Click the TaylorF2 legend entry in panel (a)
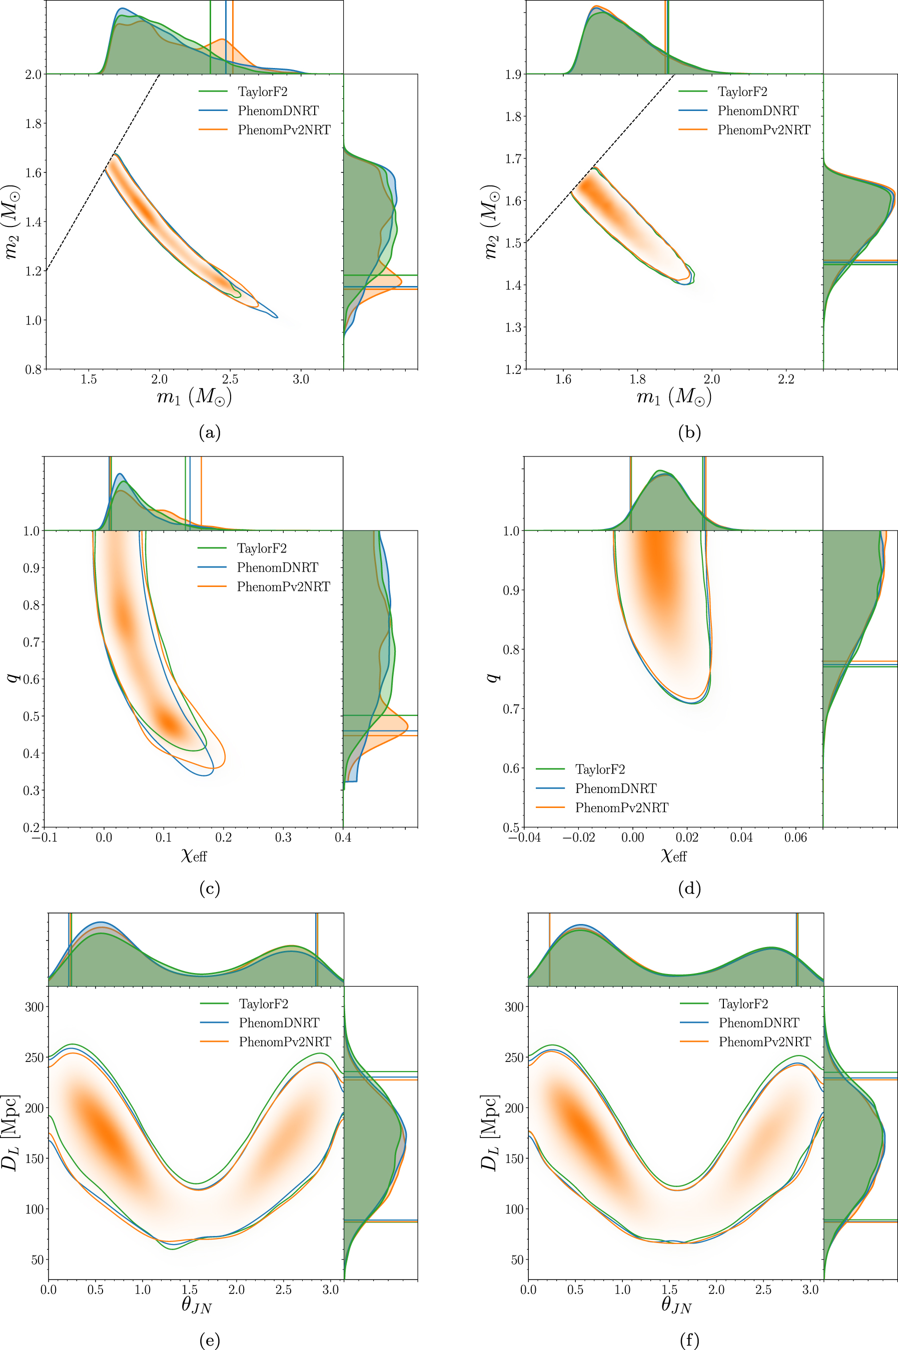(262, 91)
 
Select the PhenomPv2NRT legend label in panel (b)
(763, 130)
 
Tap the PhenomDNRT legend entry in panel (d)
(616, 788)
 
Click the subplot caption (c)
(210, 888)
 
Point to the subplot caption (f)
(689, 1339)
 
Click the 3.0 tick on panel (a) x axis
(301, 379)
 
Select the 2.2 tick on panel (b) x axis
(786, 379)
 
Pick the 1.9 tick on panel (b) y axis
(513, 74)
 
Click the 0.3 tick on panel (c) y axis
(32, 790)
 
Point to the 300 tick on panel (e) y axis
(35, 1006)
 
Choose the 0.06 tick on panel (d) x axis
(795, 837)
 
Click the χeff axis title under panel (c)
(194, 855)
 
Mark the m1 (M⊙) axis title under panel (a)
(194, 396)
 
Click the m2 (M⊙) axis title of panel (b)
(490, 221)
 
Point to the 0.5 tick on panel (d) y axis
(511, 827)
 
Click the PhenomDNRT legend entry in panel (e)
(279, 1022)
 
